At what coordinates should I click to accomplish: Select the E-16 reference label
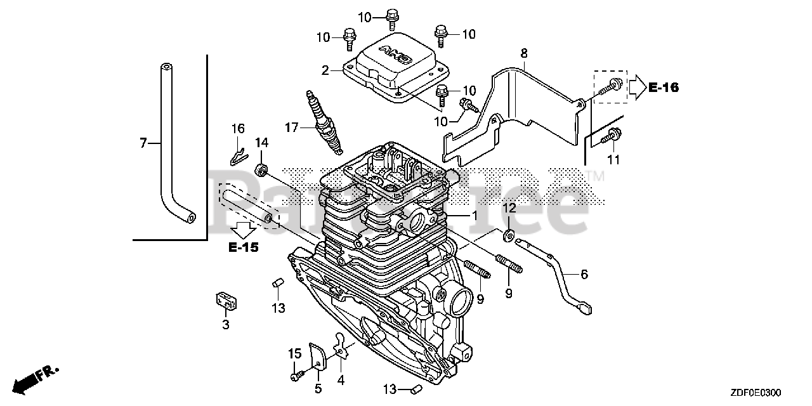pyautogui.click(x=663, y=88)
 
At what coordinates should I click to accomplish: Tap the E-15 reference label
pyautogui.click(x=244, y=247)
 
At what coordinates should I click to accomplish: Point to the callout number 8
pyautogui.click(x=524, y=54)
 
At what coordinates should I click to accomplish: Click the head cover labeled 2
pyautogui.click(x=388, y=70)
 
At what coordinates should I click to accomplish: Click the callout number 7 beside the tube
pyautogui.click(x=143, y=144)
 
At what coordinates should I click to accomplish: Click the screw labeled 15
pyautogui.click(x=295, y=377)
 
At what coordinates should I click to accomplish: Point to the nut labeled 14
pyautogui.click(x=261, y=169)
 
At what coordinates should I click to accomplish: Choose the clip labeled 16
pyautogui.click(x=236, y=153)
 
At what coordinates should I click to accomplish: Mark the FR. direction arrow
pyautogui.click(x=37, y=378)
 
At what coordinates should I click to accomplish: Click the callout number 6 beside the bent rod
pyautogui.click(x=584, y=275)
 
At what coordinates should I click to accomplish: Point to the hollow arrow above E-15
pyautogui.click(x=244, y=227)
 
